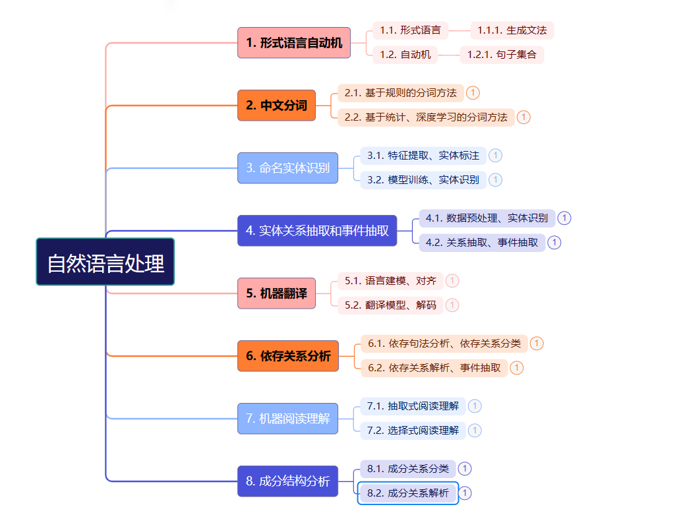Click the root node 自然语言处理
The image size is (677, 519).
pyautogui.click(x=105, y=262)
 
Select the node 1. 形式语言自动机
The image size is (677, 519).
pyautogui.click(x=294, y=43)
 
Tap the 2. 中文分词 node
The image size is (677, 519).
pyautogui.click(x=276, y=106)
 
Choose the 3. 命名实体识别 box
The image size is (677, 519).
pyautogui.click(x=287, y=168)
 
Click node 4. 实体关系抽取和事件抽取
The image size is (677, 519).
pyautogui.click(x=317, y=231)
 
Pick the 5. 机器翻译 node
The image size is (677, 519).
pyautogui.click(x=276, y=293)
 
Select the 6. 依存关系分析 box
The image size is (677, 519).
pyautogui.click(x=287, y=356)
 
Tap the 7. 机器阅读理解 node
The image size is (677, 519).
pyautogui.click(x=287, y=419)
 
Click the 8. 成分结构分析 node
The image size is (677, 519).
pyautogui.click(x=287, y=481)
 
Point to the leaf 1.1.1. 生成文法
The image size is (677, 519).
pyautogui.click(x=512, y=30)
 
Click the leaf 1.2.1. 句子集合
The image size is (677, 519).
pyautogui.click(x=502, y=55)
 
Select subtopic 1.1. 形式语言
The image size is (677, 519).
pyautogui.click(x=411, y=30)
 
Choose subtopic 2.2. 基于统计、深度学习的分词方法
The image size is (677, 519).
pyautogui.click(x=426, y=117)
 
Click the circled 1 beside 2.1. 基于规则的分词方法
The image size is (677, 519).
pyautogui.click(x=473, y=93)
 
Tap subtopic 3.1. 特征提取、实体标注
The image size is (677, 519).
pyautogui.click(x=423, y=156)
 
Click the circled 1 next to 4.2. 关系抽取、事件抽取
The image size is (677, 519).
pyautogui.click(x=554, y=243)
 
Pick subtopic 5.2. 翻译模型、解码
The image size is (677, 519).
pyautogui.click(x=390, y=305)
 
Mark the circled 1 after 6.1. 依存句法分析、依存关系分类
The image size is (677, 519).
pyautogui.click(x=537, y=344)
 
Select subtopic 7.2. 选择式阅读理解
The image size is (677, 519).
pyautogui.click(x=413, y=431)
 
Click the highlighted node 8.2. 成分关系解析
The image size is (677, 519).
pyautogui.click(x=408, y=493)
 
